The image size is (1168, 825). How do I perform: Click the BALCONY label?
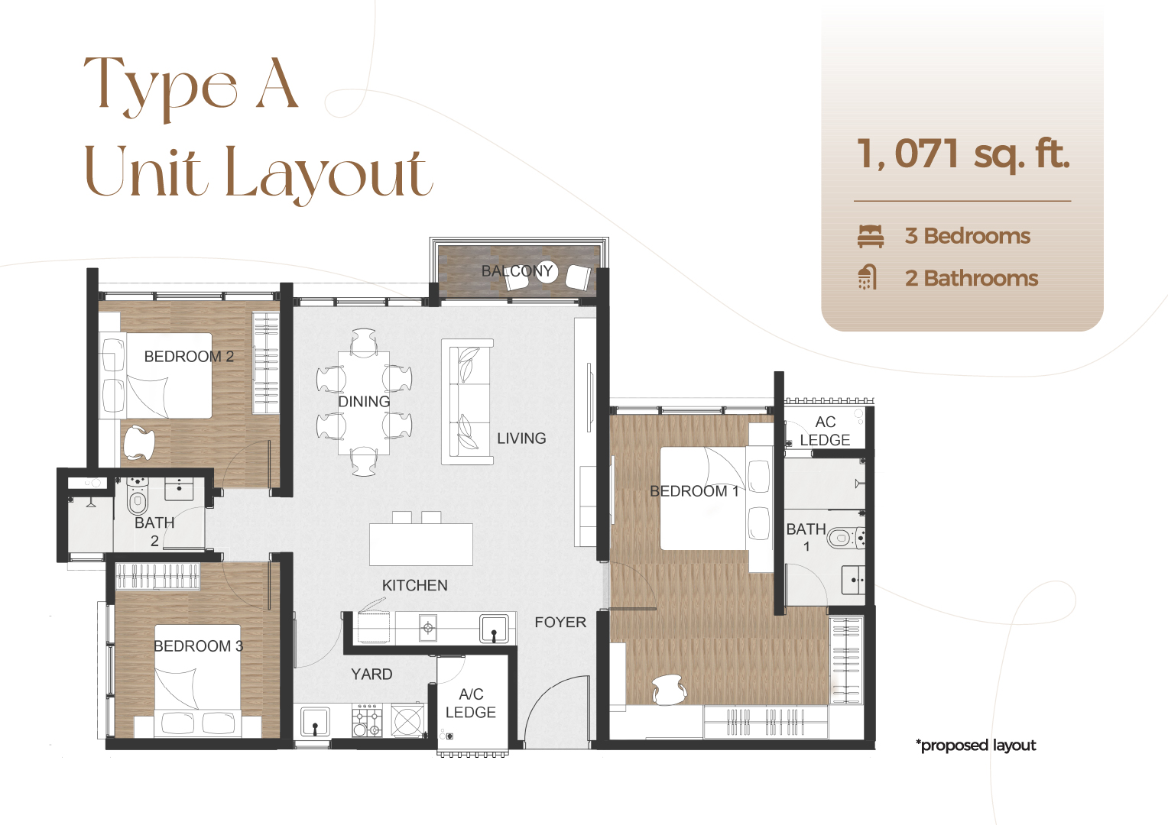517,271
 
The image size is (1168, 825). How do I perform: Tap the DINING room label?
364,402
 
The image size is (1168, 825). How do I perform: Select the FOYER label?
560,623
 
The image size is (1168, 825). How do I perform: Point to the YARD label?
371,675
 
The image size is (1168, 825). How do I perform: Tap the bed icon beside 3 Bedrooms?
871,236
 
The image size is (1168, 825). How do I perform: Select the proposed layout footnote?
976,746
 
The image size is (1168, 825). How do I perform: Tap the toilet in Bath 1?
842,538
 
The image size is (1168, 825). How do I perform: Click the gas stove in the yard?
367,721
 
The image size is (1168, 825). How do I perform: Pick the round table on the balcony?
547,271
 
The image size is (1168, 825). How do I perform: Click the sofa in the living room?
467,402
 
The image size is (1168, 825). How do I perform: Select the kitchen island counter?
420,544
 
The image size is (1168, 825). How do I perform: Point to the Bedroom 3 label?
198,646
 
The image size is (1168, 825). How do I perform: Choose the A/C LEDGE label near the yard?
471,704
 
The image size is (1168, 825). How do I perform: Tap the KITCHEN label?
414,586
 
